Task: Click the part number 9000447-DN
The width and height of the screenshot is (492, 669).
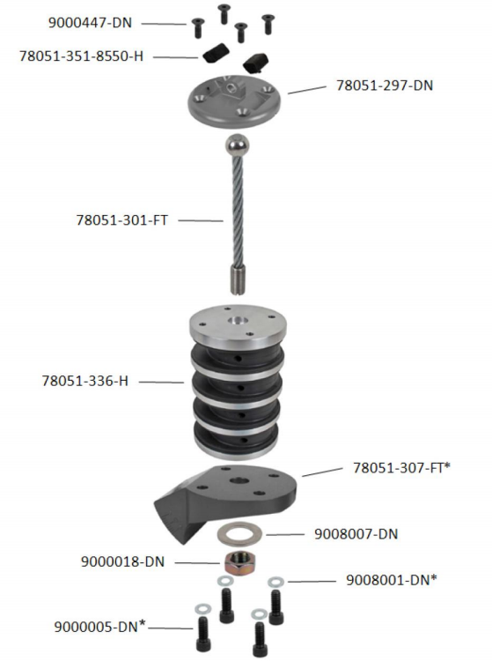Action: tap(90, 23)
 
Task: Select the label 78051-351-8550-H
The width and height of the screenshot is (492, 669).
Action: tap(81, 56)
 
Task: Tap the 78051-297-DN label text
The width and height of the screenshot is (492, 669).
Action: tap(385, 85)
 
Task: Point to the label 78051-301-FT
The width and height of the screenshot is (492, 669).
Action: tap(121, 220)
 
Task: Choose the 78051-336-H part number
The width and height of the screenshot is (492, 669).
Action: tap(84, 381)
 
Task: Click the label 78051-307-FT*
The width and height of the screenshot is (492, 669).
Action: tap(401, 468)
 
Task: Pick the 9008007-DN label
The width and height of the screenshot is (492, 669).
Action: tap(356, 534)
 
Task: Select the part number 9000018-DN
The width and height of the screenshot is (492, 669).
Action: tap(122, 561)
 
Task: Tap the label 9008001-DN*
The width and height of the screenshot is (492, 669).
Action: tap(391, 580)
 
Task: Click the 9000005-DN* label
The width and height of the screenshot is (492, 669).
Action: tap(99, 627)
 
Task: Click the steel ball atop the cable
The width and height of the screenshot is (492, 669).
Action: tap(237, 146)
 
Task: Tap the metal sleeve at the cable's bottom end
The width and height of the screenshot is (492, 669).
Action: tap(239, 279)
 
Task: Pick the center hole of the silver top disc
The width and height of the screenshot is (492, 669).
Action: tap(237, 321)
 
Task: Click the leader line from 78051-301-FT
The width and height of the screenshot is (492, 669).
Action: tap(201, 220)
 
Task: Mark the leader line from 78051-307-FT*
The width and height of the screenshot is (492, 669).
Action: tap(322, 472)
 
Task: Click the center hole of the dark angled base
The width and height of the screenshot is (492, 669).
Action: tap(239, 481)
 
